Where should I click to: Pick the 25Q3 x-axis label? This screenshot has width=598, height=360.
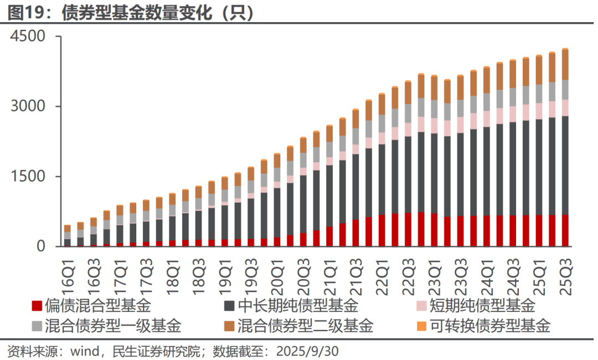(565, 270)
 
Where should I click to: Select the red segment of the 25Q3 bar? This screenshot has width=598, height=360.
(565, 230)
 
